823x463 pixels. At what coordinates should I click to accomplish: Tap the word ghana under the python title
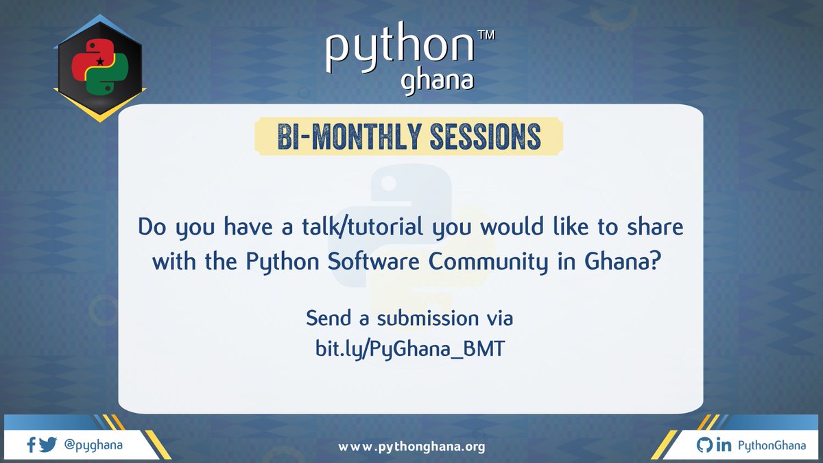click(438, 81)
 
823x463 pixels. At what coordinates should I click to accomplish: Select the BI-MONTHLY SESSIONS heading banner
click(409, 136)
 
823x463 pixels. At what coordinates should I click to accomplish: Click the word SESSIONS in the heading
click(485, 136)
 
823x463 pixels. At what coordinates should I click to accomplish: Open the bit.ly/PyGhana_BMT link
click(409, 348)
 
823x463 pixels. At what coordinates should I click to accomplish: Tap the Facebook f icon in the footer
click(31, 445)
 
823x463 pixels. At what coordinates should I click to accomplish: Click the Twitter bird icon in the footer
click(47, 445)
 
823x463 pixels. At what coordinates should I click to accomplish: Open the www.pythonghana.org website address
click(411, 447)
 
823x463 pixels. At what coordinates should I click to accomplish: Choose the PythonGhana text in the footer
click(772, 446)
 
